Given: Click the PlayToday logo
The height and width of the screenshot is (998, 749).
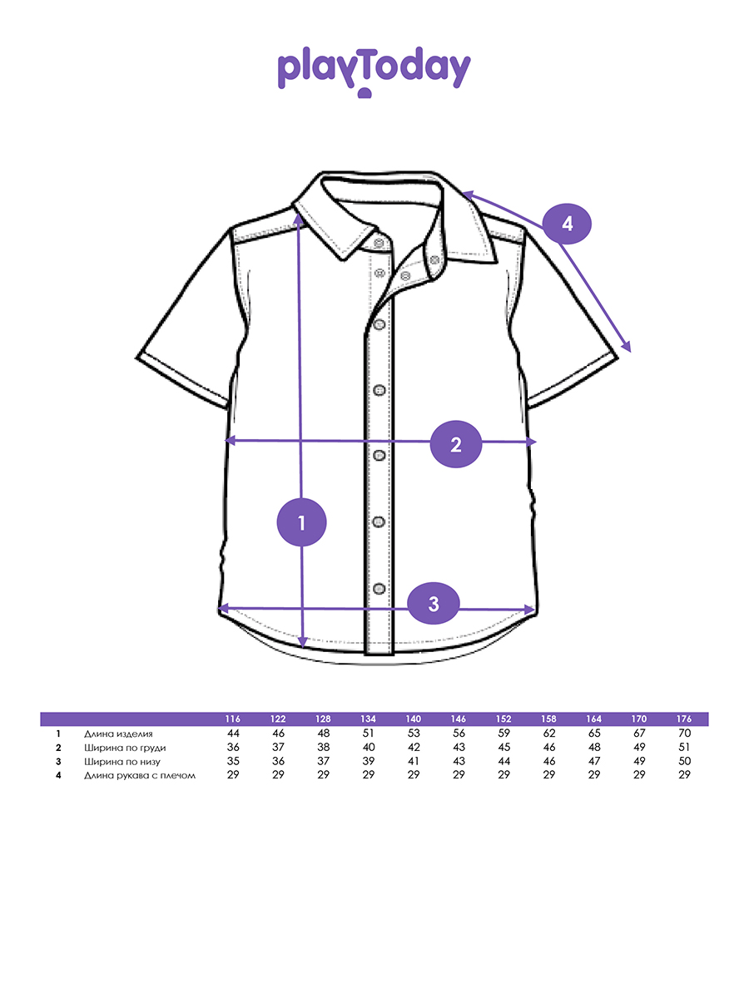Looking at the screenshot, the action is tap(374, 72).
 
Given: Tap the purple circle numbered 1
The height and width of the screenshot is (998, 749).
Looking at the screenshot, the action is tap(301, 522).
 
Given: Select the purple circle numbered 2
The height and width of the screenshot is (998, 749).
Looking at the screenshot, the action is tap(456, 444).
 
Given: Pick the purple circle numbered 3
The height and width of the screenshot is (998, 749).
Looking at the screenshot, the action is tap(434, 603).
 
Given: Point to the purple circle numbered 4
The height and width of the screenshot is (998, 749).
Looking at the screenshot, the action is tap(567, 224).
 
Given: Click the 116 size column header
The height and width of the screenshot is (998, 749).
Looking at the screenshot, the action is tap(233, 719).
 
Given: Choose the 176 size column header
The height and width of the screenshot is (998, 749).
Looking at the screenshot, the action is tap(684, 719).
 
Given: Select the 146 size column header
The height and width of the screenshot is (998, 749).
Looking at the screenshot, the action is tap(459, 719).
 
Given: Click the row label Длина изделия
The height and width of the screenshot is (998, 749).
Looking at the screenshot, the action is tap(118, 734).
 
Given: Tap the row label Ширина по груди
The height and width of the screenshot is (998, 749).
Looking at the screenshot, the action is tap(125, 748).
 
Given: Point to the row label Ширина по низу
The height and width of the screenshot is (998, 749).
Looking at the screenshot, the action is tap(122, 762).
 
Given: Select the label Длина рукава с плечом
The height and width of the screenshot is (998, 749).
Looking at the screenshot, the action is tap(140, 775).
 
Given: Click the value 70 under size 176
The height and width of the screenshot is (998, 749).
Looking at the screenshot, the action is tap(684, 733).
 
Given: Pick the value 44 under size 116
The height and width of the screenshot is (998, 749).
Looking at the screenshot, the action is tap(233, 733).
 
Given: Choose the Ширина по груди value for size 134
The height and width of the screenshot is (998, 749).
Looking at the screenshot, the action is tap(369, 747).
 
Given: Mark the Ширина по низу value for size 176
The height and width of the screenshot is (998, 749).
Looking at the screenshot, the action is tap(684, 761).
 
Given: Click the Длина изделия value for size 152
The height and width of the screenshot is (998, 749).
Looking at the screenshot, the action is tap(503, 733).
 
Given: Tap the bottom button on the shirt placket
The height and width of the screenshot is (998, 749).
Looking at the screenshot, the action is tap(379, 588).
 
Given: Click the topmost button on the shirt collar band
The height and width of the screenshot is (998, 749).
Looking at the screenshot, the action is tap(379, 243).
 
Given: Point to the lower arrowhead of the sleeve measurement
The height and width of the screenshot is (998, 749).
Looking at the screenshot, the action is tap(628, 348).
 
